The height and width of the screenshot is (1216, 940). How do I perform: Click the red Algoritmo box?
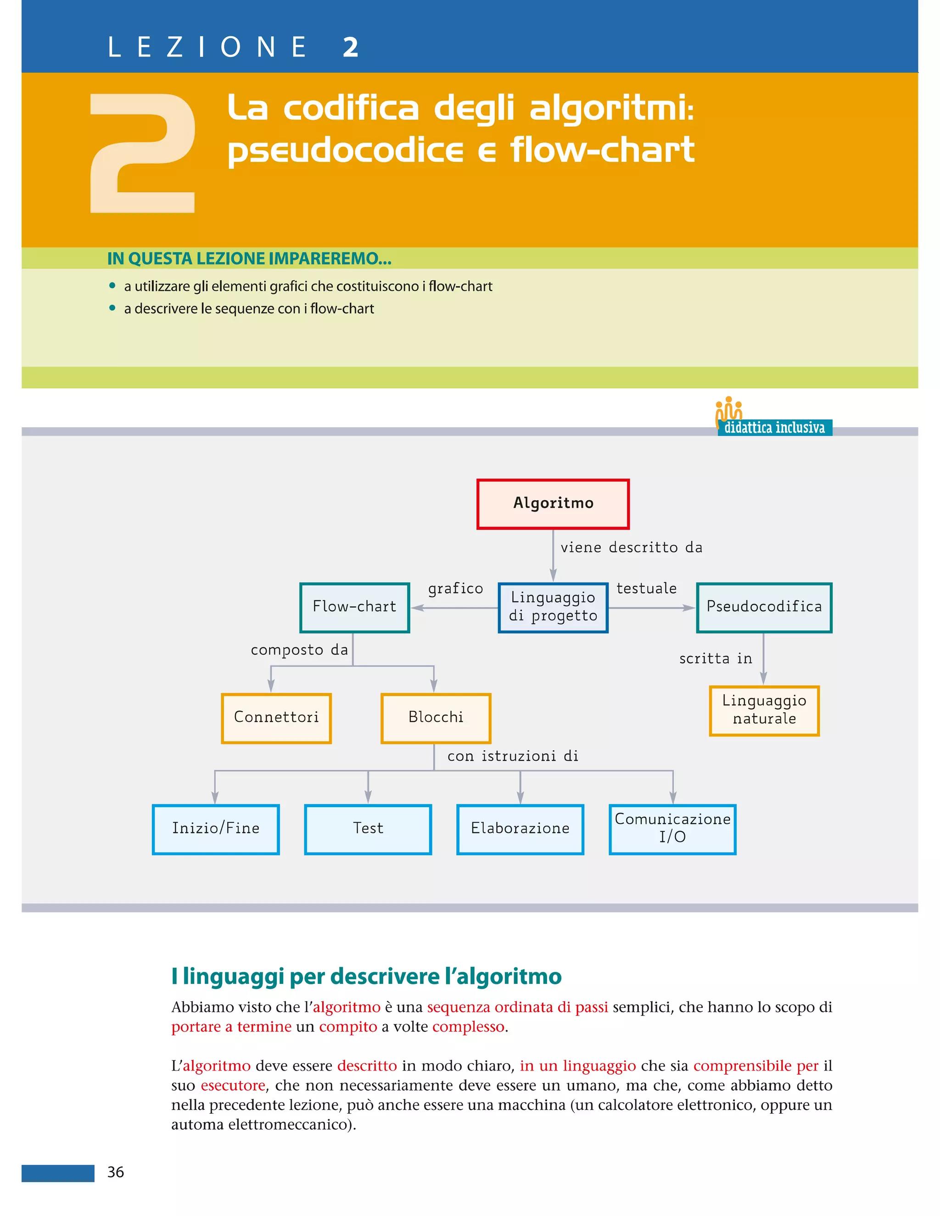pos(553,503)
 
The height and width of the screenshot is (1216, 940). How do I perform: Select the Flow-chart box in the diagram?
pos(355,608)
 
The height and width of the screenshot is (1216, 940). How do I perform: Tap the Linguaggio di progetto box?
pos(553,608)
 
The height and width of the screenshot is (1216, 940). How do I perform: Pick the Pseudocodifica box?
pos(764,608)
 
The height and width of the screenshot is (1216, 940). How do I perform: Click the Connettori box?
pos(276,718)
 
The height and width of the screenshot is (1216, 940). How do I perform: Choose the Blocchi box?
pos(436,718)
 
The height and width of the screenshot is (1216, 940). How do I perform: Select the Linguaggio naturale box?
pos(764,710)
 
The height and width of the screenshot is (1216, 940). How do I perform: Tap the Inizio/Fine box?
pos(216,829)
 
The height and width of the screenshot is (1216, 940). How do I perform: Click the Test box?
pos(368,829)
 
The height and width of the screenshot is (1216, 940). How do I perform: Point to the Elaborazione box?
pos(520,829)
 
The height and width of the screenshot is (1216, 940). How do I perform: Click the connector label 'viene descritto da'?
pos(631,548)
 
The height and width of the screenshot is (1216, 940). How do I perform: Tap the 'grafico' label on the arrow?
pos(455,589)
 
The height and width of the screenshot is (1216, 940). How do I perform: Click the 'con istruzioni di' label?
pos(513,756)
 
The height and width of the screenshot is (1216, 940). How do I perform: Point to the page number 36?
pos(116,1172)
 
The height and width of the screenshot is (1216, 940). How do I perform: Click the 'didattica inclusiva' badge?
pos(774,428)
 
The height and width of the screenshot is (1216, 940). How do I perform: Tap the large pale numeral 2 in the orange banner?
pos(143,153)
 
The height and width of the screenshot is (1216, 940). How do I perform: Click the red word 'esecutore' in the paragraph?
pos(233,1085)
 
